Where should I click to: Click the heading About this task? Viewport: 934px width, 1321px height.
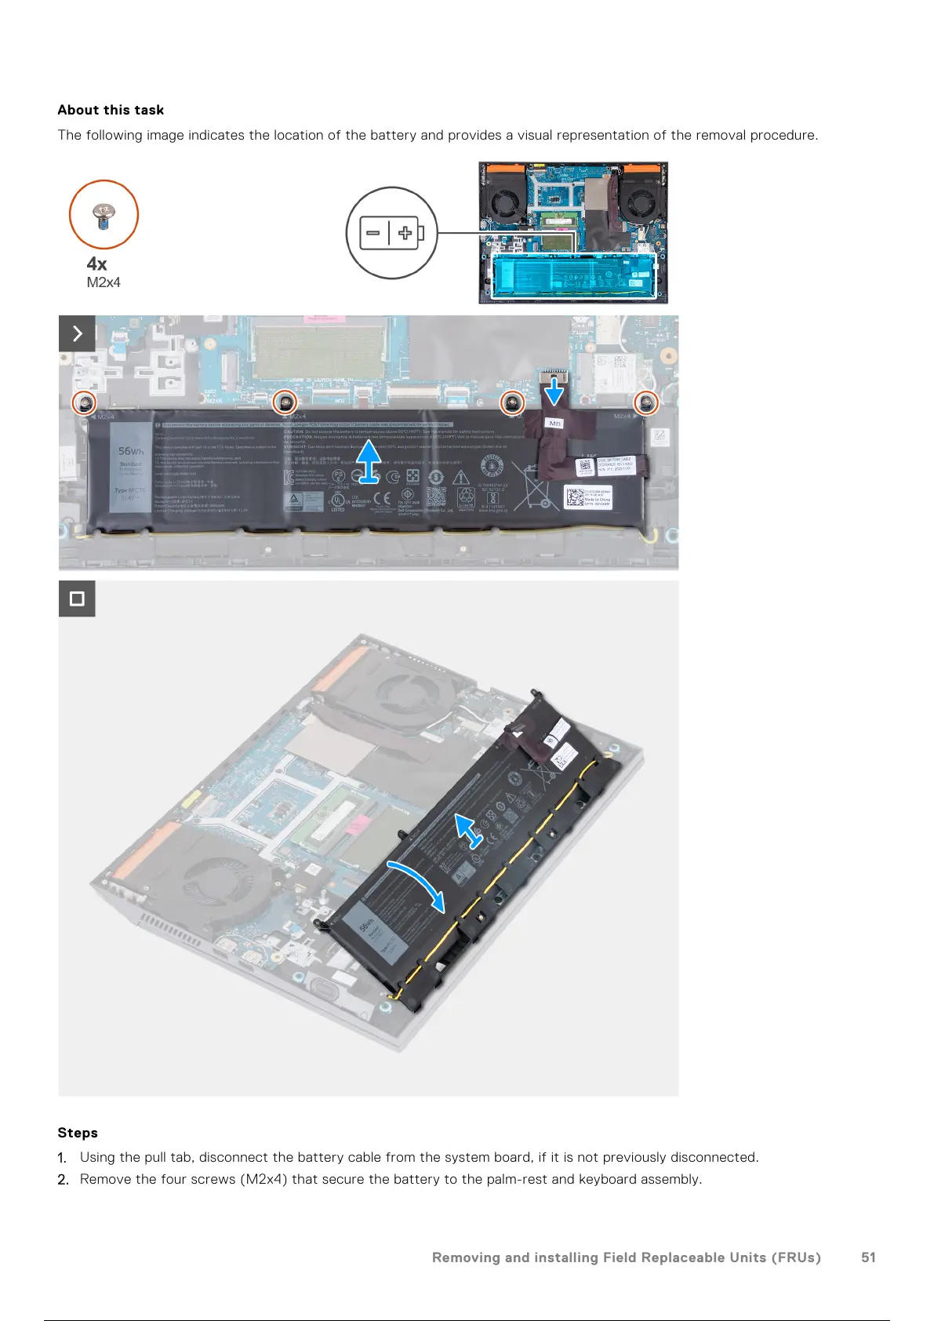pyautogui.click(x=111, y=110)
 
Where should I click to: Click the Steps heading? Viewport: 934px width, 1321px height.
pyautogui.click(x=78, y=1132)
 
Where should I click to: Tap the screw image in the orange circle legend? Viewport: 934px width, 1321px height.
pyautogui.click(x=104, y=215)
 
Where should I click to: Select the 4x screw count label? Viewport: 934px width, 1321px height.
pyautogui.click(x=96, y=264)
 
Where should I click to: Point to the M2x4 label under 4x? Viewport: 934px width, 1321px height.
pyautogui.click(x=104, y=282)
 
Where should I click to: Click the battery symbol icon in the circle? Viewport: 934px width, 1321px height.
pyautogui.click(x=391, y=233)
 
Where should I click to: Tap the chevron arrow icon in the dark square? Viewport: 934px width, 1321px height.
pyautogui.click(x=77, y=333)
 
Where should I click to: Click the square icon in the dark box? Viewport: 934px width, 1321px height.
pyautogui.click(x=77, y=599)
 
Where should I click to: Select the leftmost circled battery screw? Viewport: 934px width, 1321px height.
pyautogui.click(x=84, y=403)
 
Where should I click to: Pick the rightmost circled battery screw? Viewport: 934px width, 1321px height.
pyautogui.click(x=646, y=403)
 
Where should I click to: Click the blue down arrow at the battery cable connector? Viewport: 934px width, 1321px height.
pyautogui.click(x=554, y=390)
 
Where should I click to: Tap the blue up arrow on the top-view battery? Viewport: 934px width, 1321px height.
pyautogui.click(x=369, y=461)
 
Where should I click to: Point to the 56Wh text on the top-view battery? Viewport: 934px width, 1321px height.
pyautogui.click(x=131, y=451)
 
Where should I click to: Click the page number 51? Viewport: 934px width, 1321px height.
pyautogui.click(x=868, y=1257)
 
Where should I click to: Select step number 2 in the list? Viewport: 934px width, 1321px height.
pyautogui.click(x=64, y=1179)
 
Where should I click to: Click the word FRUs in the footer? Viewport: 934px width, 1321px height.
pyautogui.click(x=794, y=1257)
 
